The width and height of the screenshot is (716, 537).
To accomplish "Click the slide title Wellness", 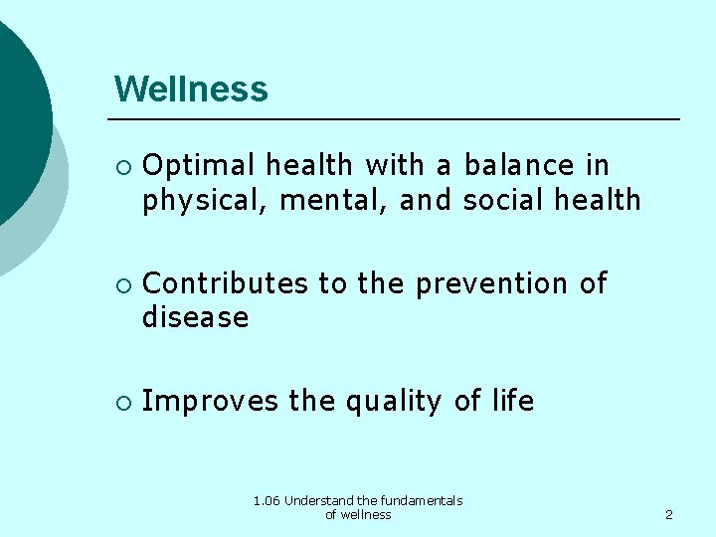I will tap(191, 89).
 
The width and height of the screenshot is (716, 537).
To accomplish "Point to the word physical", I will tap(203, 200).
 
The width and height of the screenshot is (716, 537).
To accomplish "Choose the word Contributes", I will tap(226, 283).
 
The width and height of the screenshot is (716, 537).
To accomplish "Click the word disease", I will tap(195, 318).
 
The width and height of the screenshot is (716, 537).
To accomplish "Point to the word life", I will tap(513, 401).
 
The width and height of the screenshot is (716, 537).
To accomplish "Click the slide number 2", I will tap(668, 515).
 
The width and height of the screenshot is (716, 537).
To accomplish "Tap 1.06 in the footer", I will tap(267, 501).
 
